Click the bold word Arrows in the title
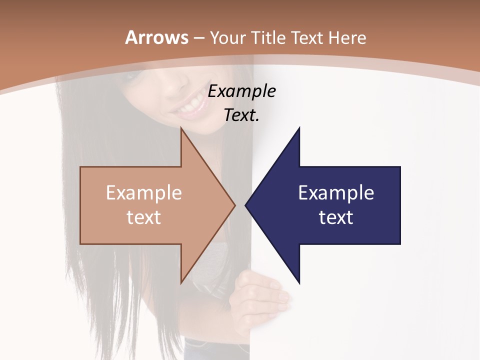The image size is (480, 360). point(157,37)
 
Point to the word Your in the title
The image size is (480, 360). point(227,38)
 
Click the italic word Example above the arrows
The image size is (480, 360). point(241,91)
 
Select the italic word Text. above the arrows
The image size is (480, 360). point(241,115)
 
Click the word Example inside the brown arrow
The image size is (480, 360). point(144,193)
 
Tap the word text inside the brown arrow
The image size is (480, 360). point(144,217)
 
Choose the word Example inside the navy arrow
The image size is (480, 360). point(336,193)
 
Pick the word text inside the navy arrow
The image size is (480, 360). point(336,217)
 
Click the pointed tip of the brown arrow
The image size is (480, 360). point(234,205)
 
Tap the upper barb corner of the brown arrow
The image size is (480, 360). point(181,128)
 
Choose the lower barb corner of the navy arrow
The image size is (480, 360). point(299,283)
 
